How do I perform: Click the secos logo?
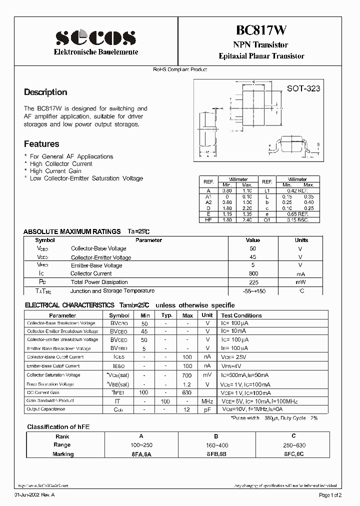coord(95,37)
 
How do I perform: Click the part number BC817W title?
coord(261,31)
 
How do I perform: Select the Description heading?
coord(45,92)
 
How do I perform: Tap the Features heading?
coord(41,144)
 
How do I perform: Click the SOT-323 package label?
coord(303,89)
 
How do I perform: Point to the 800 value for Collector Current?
coord(253,273)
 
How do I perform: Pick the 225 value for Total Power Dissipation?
coord(253,282)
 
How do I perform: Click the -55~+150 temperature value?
coord(253,291)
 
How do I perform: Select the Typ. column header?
coord(166,315)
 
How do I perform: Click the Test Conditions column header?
coord(241,315)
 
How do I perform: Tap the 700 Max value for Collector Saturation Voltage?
coord(187,375)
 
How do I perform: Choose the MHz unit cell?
coord(207,401)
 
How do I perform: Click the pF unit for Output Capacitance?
coord(207,410)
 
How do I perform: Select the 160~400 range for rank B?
coord(217,444)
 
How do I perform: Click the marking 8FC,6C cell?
coord(293,453)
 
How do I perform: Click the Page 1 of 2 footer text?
coord(329,495)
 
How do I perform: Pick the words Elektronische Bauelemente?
coord(95,52)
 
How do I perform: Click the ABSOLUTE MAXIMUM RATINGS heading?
coord(72,231)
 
